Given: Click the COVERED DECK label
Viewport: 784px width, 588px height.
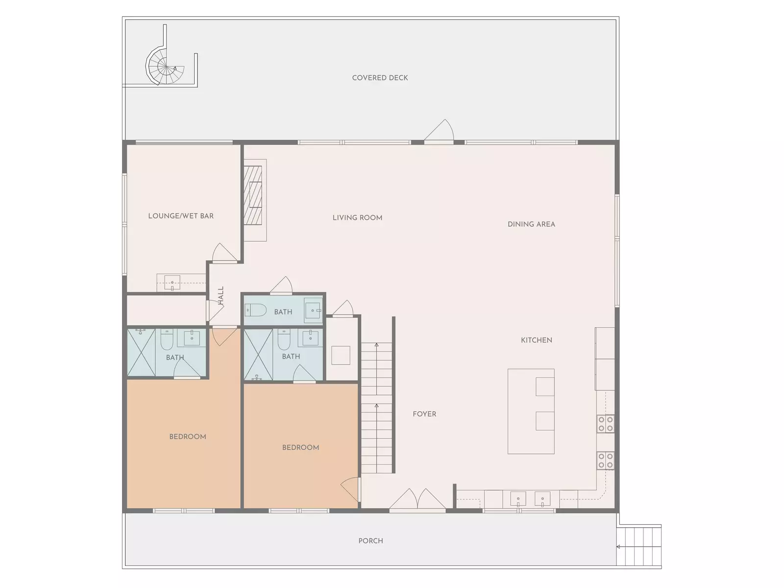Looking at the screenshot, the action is pos(380,78).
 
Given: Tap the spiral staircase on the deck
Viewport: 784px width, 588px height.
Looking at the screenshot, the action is pos(165,67).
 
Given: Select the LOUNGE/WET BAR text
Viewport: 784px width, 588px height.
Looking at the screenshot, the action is pos(181,216).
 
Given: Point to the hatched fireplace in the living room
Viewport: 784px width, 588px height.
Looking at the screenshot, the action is pos(253,195).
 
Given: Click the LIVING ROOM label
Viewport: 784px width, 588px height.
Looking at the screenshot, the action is pos(357,218).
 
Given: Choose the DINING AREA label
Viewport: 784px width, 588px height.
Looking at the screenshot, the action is pos(531,224).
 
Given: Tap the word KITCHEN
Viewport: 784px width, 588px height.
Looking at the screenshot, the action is pos(536,340).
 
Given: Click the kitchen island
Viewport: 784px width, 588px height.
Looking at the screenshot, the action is pos(531,411).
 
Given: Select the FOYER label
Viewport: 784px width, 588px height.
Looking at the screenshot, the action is pos(424,414).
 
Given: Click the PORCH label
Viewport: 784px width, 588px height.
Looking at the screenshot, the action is pos(370,541).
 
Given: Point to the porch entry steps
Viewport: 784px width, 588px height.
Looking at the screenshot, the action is pos(638,546).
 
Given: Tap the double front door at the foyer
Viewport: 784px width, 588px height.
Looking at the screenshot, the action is pos(417,499).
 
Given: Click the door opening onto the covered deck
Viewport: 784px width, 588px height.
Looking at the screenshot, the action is pos(439,131).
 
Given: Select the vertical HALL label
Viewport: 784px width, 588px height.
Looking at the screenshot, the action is pos(220,295).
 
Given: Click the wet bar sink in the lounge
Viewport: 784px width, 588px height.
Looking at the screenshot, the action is pos(172,283).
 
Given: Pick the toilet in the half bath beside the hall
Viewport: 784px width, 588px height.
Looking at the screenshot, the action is pos(256,310).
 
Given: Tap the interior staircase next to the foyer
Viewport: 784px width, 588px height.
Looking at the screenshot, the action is pos(377,407).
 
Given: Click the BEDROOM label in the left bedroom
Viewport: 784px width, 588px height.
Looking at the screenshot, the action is pos(188,437).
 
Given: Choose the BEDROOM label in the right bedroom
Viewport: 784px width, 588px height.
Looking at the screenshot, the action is pos(300,448).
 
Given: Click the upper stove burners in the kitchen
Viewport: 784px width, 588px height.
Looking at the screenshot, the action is pos(606,424).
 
